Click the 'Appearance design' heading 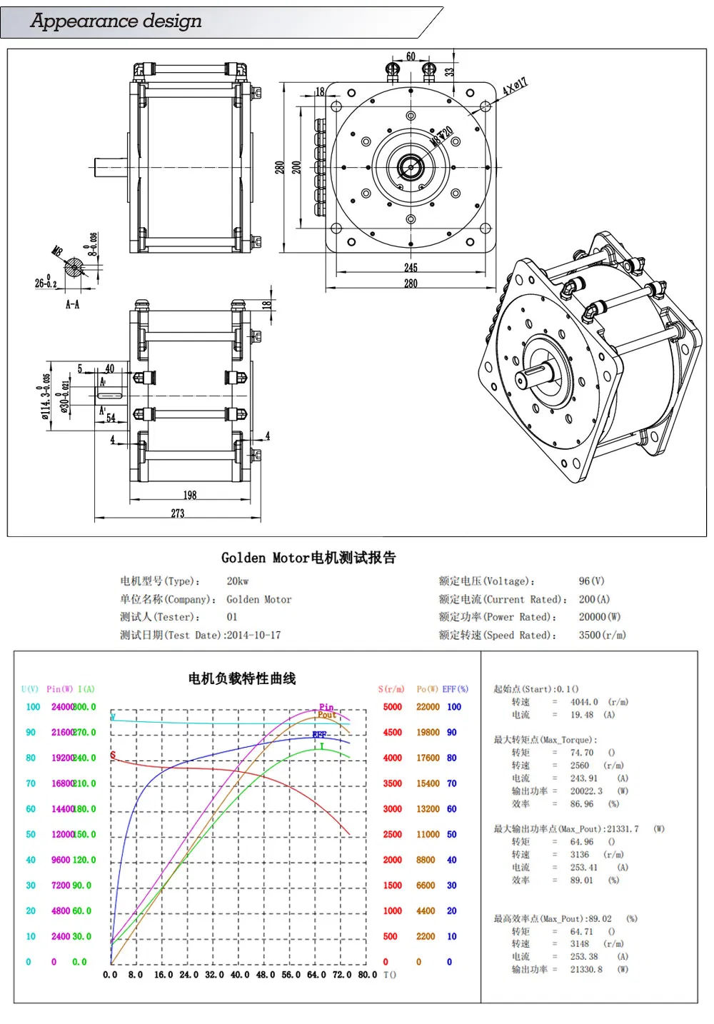click(x=116, y=21)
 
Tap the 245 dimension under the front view click(x=411, y=267)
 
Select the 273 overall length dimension click(x=178, y=513)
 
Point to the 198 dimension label click(x=190, y=495)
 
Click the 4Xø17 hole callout click(x=515, y=87)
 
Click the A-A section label click(x=72, y=304)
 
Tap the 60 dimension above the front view click(x=411, y=56)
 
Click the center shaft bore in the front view click(x=411, y=168)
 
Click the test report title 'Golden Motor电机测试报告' click(x=308, y=558)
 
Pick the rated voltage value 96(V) click(x=591, y=581)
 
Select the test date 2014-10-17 click(x=253, y=635)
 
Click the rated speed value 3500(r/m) click(x=602, y=635)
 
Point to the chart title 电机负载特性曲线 click(x=241, y=678)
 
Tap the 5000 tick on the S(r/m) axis click(x=392, y=707)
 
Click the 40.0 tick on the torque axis click(x=240, y=975)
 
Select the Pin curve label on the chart click(x=326, y=707)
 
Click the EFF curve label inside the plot click(x=319, y=734)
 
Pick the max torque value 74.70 click(x=582, y=753)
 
